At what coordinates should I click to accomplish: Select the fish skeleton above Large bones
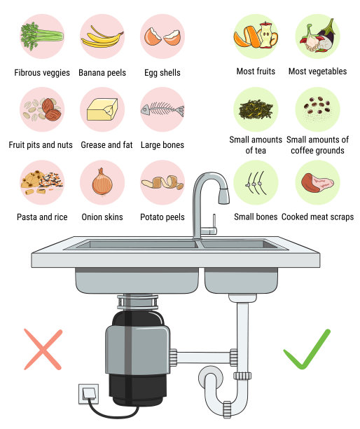click(x=162, y=110)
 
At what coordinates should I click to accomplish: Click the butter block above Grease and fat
click(x=102, y=110)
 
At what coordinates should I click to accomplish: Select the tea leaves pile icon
click(x=255, y=109)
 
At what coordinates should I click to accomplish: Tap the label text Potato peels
click(x=162, y=217)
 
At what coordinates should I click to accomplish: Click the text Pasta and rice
click(x=42, y=217)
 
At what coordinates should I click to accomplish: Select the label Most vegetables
click(x=317, y=71)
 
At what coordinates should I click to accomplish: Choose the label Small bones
click(x=256, y=217)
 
